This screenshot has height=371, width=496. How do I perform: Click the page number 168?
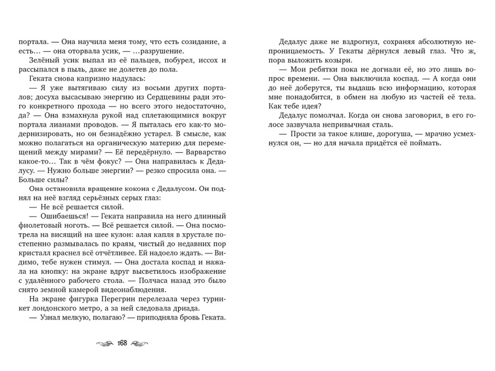coord(123,343)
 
